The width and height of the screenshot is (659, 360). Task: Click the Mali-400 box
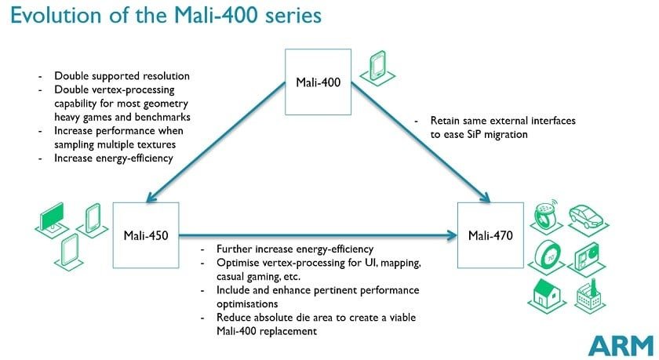(318, 82)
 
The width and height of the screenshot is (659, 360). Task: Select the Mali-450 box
(146, 234)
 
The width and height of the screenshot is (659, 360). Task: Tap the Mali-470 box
(490, 234)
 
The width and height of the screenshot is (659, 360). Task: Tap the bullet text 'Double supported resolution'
(122, 76)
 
